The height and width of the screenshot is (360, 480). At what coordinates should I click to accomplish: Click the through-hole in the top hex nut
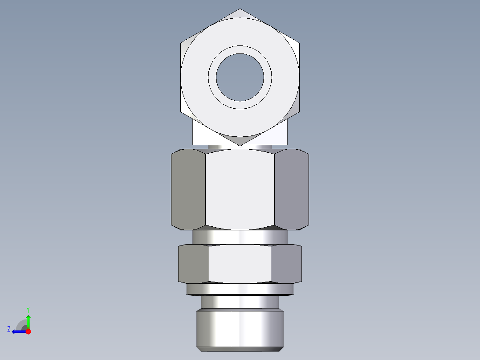[x=240, y=77]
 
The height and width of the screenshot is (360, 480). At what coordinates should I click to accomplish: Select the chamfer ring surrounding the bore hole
[x=240, y=50]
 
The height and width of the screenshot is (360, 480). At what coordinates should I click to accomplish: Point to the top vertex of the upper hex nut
[x=240, y=9]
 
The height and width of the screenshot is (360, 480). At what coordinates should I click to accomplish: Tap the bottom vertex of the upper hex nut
[x=240, y=145]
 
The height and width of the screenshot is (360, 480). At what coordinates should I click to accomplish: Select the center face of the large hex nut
[x=240, y=189]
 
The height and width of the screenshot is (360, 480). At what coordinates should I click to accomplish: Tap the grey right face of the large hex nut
[x=291, y=189]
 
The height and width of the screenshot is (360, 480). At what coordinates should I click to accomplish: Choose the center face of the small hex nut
[x=240, y=263]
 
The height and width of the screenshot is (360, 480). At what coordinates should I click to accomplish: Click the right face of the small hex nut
[x=286, y=263]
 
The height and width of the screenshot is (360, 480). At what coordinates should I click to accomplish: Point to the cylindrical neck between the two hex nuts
[x=240, y=237]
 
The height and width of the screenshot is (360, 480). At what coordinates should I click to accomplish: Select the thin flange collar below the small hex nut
[x=240, y=290]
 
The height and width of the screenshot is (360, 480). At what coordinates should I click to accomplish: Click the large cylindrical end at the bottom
[x=240, y=330]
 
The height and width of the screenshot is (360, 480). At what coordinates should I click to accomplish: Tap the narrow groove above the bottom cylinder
[x=240, y=302]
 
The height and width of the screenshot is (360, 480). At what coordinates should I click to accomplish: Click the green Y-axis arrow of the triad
[x=28, y=320]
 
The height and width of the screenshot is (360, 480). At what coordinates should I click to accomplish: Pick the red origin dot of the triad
[x=28, y=331]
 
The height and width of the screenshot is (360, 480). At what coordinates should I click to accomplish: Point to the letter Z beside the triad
[x=9, y=329]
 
